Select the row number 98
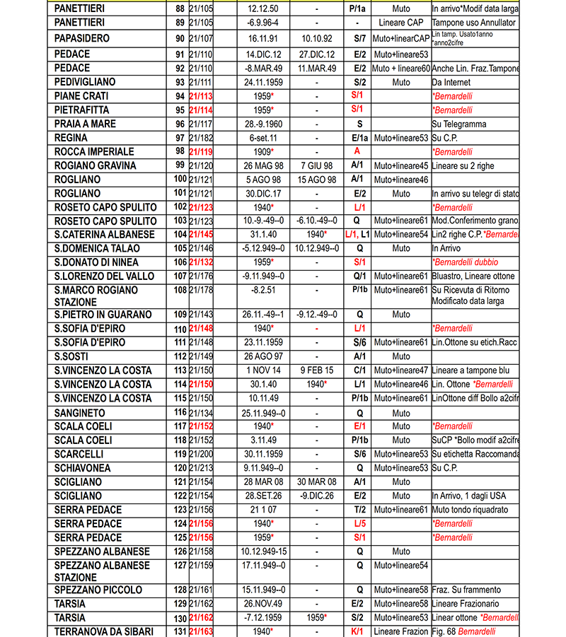tap(180, 152)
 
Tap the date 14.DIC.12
tap(263, 54)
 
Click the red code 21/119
tap(201, 152)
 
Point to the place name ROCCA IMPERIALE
tap(94, 152)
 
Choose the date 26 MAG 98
tap(263, 166)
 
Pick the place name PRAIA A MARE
tap(86, 124)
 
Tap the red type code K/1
tap(358, 631)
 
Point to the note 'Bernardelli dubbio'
tap(467, 262)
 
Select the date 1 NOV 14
tap(263, 370)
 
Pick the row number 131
tap(180, 631)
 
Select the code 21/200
tap(201, 454)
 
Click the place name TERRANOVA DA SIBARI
tap(103, 631)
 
